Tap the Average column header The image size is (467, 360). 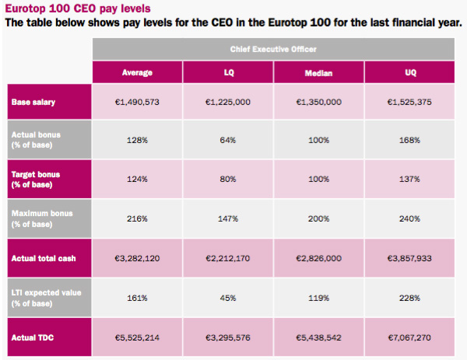coord(137,73)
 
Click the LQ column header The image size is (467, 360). coord(229,73)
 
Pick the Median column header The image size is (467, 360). coord(320,73)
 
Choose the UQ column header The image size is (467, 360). coord(412,73)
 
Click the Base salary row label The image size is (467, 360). coord(33,102)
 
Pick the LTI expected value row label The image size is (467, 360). coord(43,296)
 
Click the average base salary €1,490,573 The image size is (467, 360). coord(137,102)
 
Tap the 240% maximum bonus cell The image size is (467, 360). coord(412,218)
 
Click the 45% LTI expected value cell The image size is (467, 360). coord(229,297)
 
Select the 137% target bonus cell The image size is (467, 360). coord(412,179)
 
